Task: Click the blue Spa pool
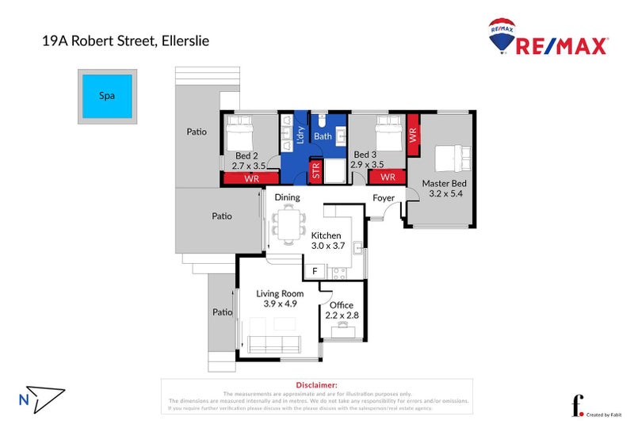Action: (106, 96)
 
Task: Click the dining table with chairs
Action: (287, 221)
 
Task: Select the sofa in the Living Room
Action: (274, 344)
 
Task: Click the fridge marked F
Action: (315, 272)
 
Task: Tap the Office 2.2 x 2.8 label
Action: (342, 310)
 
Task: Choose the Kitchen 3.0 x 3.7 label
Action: (326, 241)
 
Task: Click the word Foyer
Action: (384, 197)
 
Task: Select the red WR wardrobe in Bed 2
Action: (251, 179)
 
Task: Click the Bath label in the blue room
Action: (323, 136)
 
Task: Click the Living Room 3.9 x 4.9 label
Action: (280, 298)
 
